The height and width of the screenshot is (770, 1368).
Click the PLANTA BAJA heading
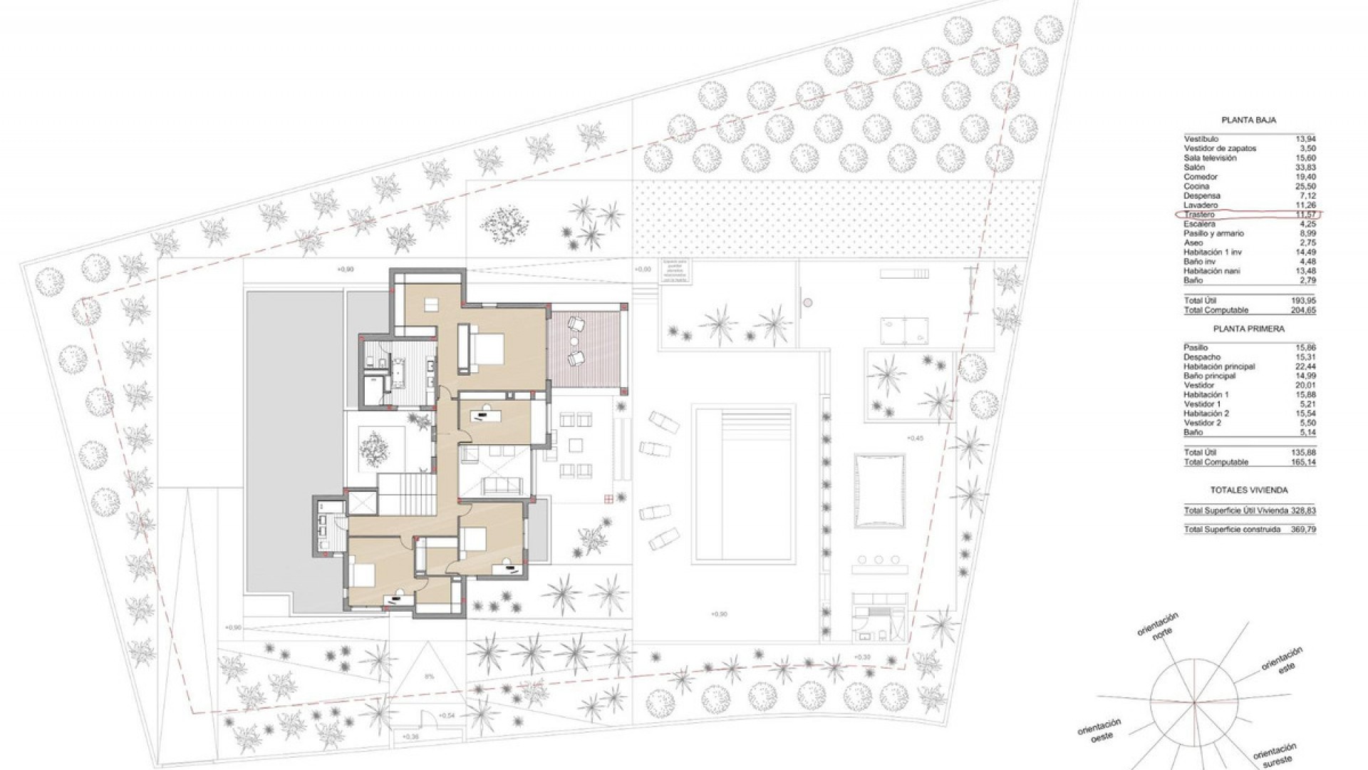click(x=1248, y=120)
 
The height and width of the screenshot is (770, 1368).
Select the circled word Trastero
click(x=1199, y=215)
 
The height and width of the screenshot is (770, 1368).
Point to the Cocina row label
click(x=1196, y=186)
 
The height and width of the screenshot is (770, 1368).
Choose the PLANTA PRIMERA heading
click(x=1248, y=329)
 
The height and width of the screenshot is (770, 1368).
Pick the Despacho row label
click(x=1202, y=357)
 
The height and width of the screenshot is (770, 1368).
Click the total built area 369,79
click(x=1303, y=530)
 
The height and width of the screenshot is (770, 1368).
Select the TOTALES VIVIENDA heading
click(x=1248, y=491)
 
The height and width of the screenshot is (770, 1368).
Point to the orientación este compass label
click(x=1282, y=659)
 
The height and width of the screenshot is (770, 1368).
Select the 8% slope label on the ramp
click(x=429, y=676)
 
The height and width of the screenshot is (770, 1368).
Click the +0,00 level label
click(x=642, y=269)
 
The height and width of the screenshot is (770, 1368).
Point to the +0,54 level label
click(x=447, y=715)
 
